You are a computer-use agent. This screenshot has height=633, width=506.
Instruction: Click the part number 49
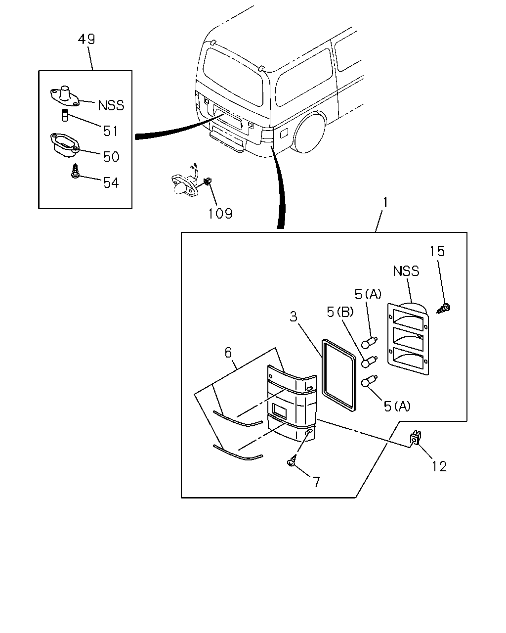click(x=86, y=39)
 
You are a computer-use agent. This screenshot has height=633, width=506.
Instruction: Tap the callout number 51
click(x=110, y=131)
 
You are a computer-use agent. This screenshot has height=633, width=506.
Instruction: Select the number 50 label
click(x=111, y=156)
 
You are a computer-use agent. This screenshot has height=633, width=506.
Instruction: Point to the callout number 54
click(x=111, y=182)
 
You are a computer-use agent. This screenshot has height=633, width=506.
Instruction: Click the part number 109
click(x=220, y=214)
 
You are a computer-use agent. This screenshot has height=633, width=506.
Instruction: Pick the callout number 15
click(x=437, y=251)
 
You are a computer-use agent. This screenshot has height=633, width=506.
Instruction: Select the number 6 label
click(x=228, y=353)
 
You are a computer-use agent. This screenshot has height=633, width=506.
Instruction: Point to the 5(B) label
click(x=340, y=312)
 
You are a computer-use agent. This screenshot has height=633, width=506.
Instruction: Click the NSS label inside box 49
click(x=111, y=105)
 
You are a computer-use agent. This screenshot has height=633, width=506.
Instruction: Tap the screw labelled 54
click(x=76, y=171)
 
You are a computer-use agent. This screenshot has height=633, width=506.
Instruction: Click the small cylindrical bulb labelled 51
click(x=65, y=115)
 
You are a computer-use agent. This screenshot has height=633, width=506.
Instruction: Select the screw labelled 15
click(x=444, y=309)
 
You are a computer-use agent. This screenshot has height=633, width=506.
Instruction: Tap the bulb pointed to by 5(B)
click(x=369, y=362)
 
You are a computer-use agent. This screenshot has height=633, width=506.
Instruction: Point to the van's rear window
click(x=233, y=77)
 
